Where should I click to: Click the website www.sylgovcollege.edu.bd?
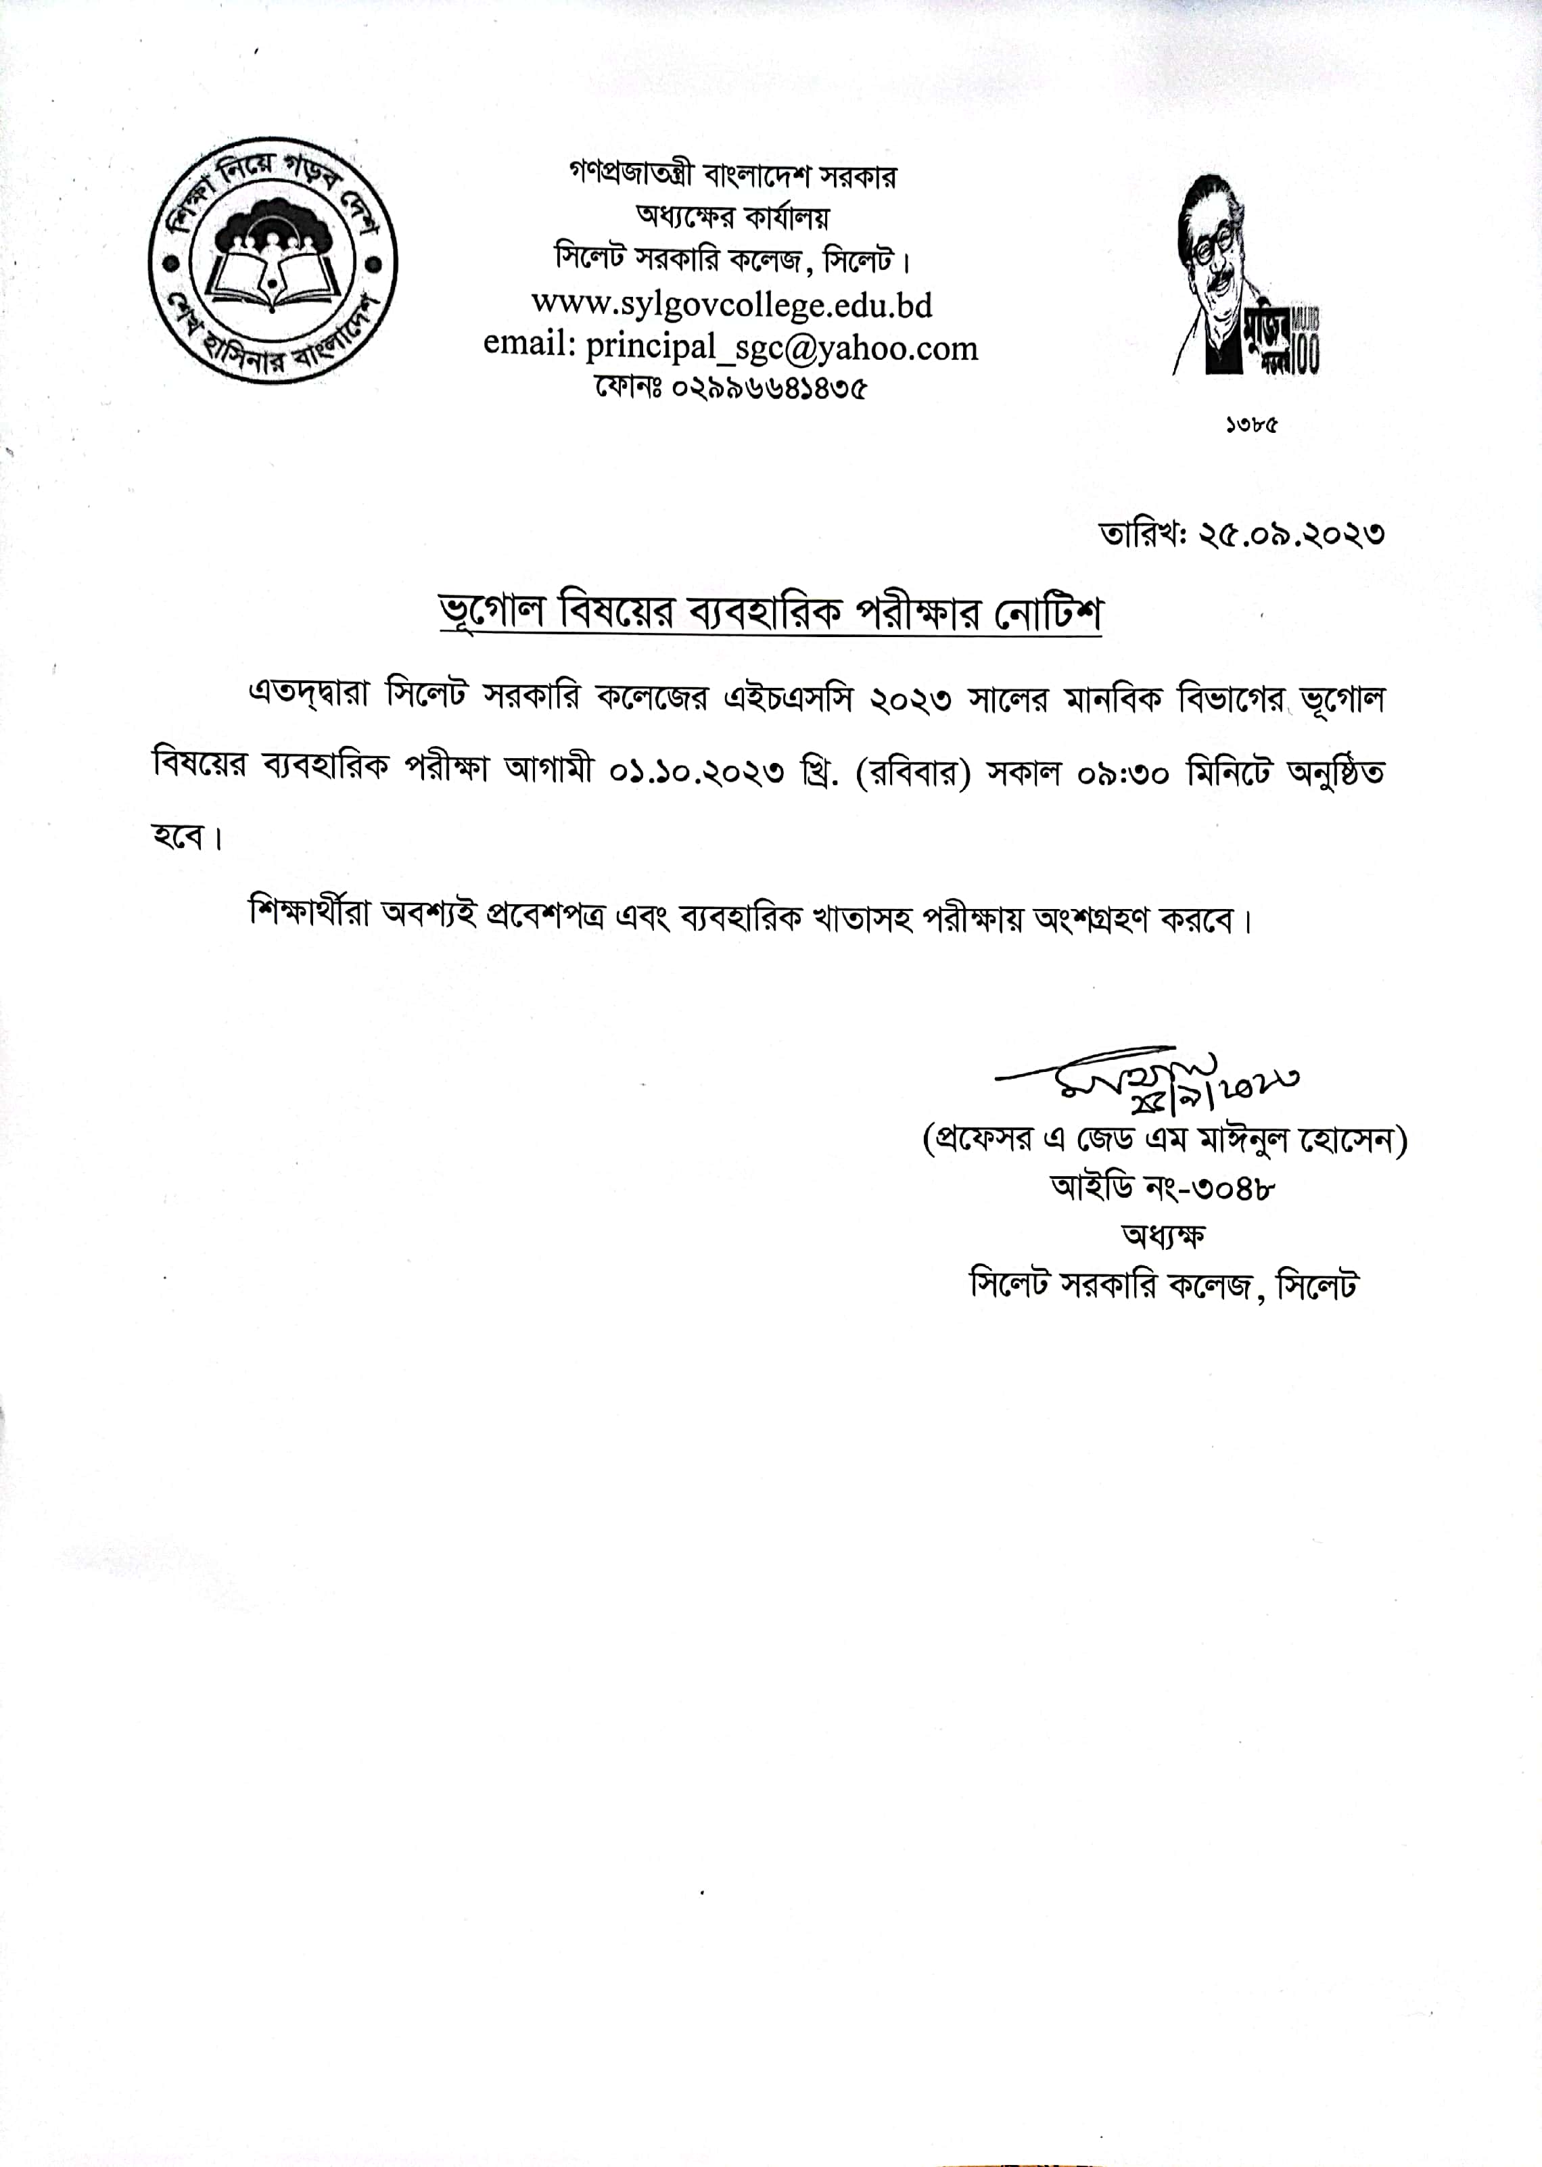pos(731,305)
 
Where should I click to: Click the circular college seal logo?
pos(273,260)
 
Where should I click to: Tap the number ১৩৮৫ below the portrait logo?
pos(1251,425)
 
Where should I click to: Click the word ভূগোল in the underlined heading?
pos(491,611)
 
